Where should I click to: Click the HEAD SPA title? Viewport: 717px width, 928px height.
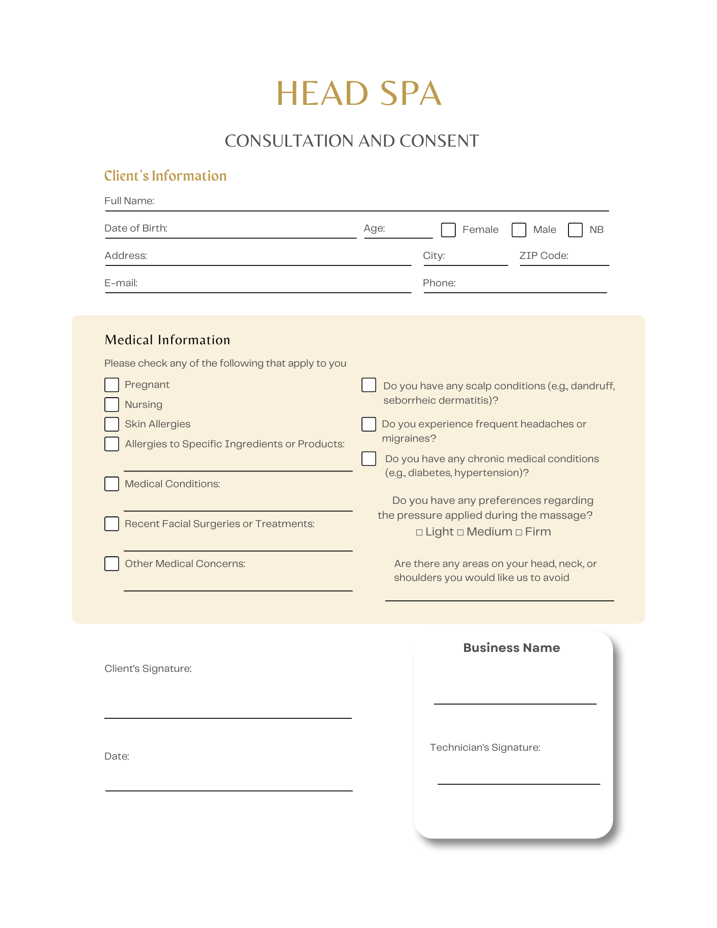(358, 93)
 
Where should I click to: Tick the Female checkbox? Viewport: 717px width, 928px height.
(448, 230)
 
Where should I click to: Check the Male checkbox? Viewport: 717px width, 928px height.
(518, 230)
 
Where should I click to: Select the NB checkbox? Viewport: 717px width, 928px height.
(575, 230)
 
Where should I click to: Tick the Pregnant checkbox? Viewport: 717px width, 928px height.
(111, 385)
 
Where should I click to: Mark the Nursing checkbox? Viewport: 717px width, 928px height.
(111, 405)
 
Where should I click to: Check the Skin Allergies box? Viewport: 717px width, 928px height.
(111, 424)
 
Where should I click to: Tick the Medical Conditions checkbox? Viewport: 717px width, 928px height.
(111, 484)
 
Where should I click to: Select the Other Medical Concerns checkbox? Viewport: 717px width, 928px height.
(111, 564)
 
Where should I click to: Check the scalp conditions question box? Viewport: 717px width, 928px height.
(368, 385)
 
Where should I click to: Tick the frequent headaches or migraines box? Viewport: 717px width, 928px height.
(368, 424)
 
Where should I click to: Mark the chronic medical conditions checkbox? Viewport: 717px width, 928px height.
(368, 458)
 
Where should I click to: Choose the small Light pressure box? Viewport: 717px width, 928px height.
(420, 532)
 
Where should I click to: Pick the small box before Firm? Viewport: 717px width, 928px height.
(519, 532)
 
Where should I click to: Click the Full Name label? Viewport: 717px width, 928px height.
(129, 201)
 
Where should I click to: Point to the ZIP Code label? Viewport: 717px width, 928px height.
(543, 256)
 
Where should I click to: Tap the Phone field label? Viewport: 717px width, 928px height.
(439, 283)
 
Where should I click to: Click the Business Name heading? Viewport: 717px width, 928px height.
(511, 648)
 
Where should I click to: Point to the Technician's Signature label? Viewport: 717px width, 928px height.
(485, 748)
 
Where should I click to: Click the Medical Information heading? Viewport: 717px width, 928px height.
(167, 340)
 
